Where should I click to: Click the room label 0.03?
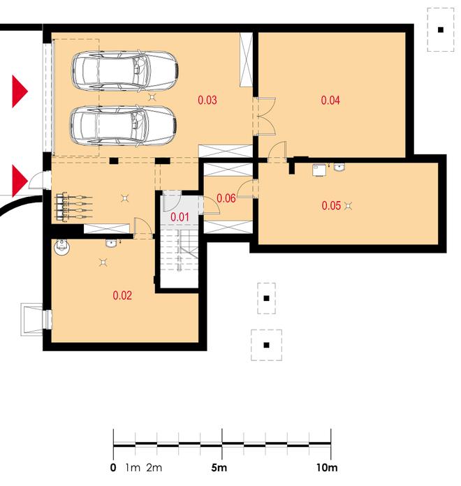207,100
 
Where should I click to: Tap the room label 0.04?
330,100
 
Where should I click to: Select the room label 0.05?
331,205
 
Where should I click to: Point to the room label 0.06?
226,198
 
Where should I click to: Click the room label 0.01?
180,217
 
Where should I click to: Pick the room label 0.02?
122,295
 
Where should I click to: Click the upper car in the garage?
124,72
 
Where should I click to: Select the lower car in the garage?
124,126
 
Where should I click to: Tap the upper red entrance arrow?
20,91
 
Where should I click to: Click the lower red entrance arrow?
20,181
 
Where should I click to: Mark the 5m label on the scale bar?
219,467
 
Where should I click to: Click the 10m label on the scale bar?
327,467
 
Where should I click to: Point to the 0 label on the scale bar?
113,467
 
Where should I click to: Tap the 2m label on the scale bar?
154,467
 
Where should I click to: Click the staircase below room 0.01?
180,250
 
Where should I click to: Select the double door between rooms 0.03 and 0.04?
264,116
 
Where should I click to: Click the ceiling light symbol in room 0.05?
348,205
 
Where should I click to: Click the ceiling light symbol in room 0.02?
103,263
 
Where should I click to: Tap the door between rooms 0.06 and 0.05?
246,189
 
